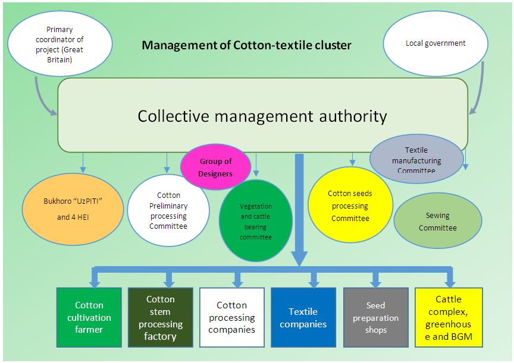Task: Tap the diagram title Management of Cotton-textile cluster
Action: [x=246, y=45]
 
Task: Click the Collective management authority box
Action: [x=262, y=115]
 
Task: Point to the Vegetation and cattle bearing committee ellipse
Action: [x=256, y=221]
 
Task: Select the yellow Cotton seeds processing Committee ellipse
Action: [x=350, y=206]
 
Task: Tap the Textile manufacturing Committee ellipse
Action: [x=416, y=160]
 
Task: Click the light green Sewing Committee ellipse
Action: [x=437, y=222]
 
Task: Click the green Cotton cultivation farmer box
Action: [x=89, y=318]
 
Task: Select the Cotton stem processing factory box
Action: [x=161, y=318]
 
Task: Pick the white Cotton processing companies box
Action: [x=232, y=318]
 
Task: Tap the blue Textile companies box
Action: [x=303, y=318]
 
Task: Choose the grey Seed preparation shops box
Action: [x=375, y=318]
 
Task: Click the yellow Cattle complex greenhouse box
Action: [x=449, y=318]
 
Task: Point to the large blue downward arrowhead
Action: [x=300, y=257]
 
